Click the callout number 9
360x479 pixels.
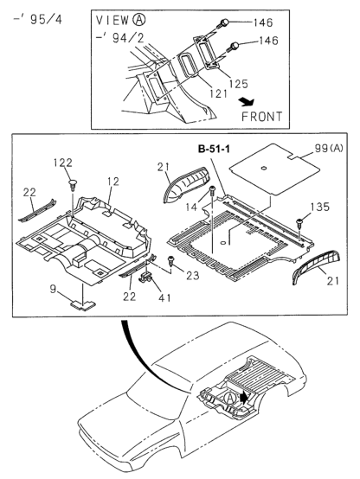(54, 288)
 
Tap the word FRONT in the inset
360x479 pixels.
(262, 113)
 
